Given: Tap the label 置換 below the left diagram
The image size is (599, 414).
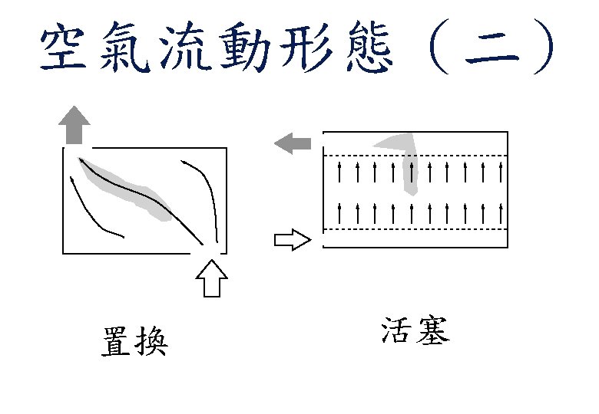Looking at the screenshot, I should point(135,341).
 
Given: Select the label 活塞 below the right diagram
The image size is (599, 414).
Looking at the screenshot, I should point(415,331).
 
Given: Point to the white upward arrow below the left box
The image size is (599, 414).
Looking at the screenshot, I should point(213,278).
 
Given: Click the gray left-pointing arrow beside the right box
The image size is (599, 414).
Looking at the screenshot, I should point(293,143).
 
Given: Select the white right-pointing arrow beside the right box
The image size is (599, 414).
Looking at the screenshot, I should point(292,240).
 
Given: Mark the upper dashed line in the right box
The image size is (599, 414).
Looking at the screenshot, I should point(415,156).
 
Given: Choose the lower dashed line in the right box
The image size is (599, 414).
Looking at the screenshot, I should point(415,229).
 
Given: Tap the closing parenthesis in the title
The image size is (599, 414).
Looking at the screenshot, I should point(546,50).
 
